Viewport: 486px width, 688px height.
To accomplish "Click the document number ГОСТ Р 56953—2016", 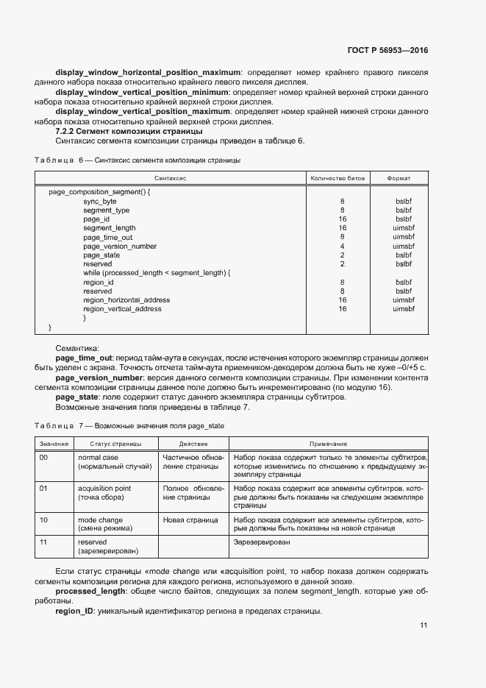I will click(x=387, y=51).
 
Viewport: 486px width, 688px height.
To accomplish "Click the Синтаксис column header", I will click(x=171, y=179).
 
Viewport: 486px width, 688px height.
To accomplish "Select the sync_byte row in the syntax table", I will click(x=99, y=201).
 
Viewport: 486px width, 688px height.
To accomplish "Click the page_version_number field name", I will click(x=120, y=247).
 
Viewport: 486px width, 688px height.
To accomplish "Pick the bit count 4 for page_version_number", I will click(x=342, y=247).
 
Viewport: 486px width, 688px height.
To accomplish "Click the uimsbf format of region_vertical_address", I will click(x=404, y=309).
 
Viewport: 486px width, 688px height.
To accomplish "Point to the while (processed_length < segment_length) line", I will click(x=157, y=273).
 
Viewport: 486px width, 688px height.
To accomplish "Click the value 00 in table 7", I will click(x=43, y=458).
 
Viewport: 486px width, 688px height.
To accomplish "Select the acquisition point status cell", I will click(x=104, y=492).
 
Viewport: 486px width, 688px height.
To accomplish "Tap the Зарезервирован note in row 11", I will click(x=261, y=542).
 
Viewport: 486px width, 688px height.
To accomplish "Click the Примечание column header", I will click(x=329, y=444).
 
